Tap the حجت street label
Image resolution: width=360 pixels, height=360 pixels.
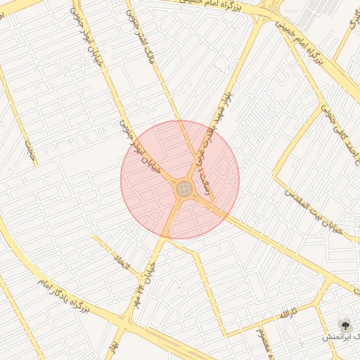(30, 150)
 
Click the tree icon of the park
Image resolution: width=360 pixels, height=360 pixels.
(345, 324)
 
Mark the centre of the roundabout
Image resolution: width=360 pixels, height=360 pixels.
(184, 188)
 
